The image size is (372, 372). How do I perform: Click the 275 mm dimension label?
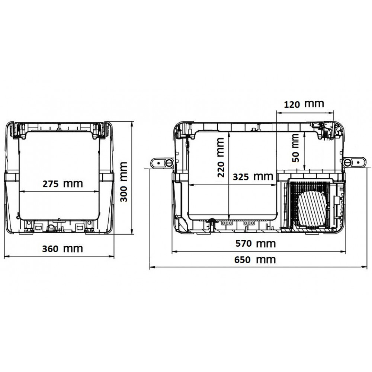tap(62, 184)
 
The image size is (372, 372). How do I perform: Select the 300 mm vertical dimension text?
tap(124, 182)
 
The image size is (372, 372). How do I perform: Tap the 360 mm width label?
tap(62, 249)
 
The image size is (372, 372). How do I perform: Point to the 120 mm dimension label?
tap(304, 104)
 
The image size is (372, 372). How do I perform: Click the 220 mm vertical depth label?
tap(221, 157)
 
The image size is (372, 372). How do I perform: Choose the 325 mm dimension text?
tap(253, 177)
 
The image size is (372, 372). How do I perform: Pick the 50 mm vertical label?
tap(295, 148)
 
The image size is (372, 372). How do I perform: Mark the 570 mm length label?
tap(256, 244)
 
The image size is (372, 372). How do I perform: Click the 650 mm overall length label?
tap(255, 260)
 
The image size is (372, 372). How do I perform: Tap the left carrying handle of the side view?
tap(163, 163)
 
